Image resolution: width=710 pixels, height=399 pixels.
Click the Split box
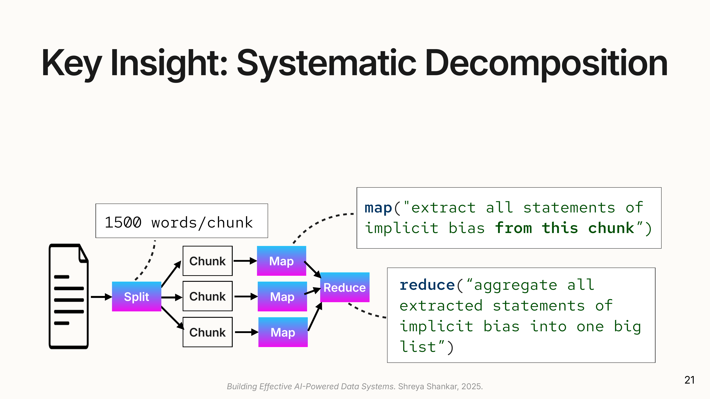point(136,297)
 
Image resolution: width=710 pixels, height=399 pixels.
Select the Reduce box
point(345,287)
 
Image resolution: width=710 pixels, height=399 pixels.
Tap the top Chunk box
point(207,261)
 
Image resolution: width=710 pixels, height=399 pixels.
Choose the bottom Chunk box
point(207,332)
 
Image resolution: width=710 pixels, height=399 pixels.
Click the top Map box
point(281,261)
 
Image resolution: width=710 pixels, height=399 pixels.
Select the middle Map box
point(282,297)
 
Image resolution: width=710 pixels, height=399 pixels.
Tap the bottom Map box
point(283,332)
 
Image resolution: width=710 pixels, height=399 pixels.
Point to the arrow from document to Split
point(101,297)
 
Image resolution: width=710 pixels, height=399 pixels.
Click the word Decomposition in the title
point(546,63)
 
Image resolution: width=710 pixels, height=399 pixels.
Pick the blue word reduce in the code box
point(427,285)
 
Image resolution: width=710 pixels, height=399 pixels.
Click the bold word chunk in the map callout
point(611,228)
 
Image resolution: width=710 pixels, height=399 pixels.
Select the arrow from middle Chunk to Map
point(245,297)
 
